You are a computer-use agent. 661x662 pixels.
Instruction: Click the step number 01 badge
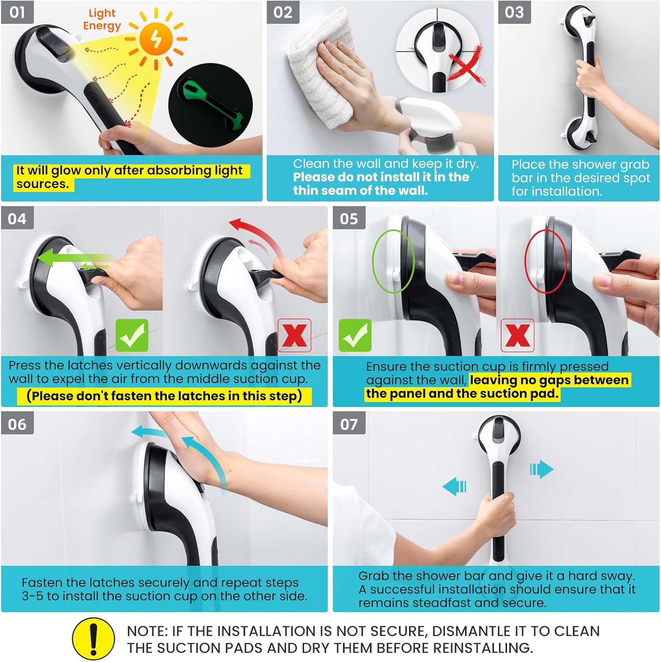coord(17,12)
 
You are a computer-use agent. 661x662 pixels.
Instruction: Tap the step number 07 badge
coord(349,424)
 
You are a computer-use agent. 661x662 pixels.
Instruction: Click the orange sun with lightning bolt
coord(156,39)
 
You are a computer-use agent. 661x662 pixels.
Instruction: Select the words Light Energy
coord(102,19)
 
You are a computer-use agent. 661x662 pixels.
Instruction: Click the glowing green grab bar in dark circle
coord(210,105)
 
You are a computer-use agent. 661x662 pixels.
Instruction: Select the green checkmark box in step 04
coord(131,335)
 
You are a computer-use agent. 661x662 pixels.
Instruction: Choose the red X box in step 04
coord(294,335)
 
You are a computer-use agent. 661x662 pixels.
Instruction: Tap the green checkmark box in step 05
coord(355,335)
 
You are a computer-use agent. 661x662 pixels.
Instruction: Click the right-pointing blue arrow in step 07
coord(541,469)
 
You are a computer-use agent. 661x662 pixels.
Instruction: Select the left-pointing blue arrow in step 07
coord(454,486)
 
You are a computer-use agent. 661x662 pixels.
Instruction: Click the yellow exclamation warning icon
coord(94,639)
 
